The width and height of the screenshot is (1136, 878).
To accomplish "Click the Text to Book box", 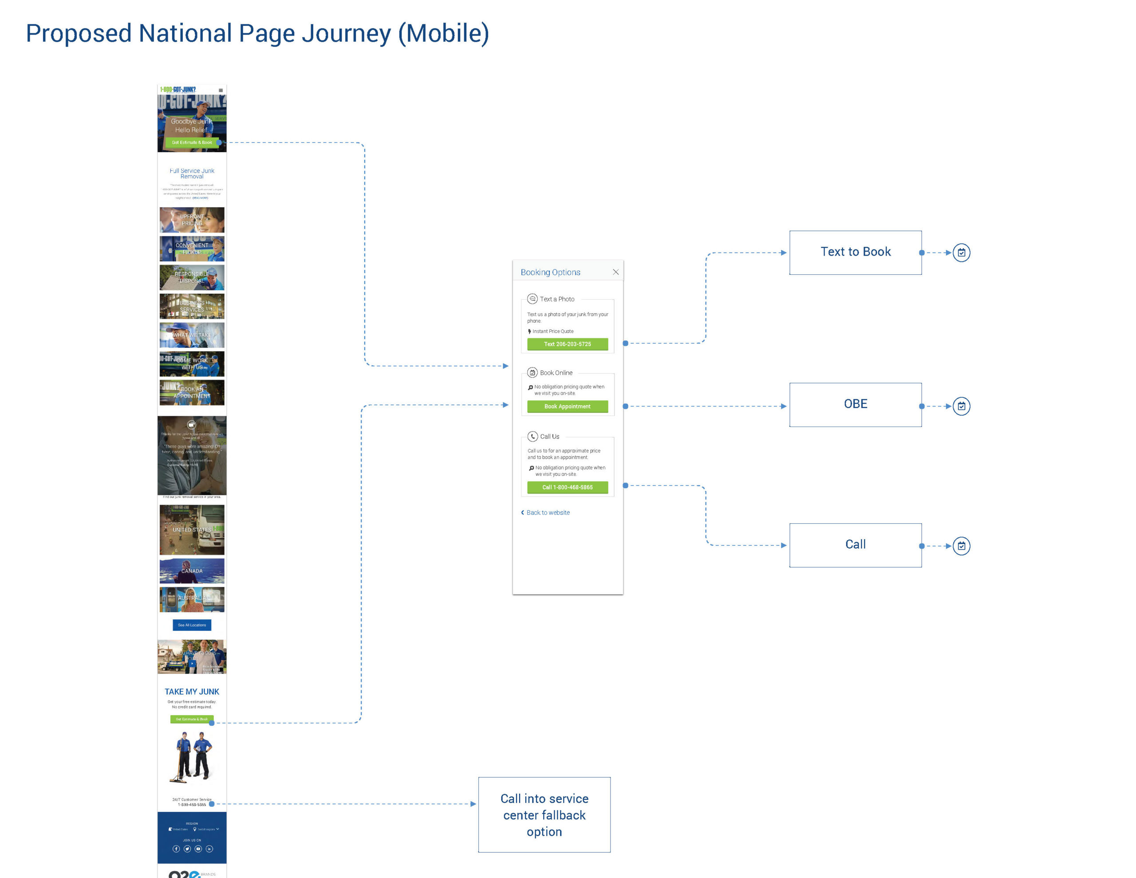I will pyautogui.click(x=855, y=253).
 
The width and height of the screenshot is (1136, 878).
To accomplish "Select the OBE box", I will pyautogui.click(x=855, y=404).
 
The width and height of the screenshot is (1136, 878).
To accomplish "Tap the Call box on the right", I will pyautogui.click(x=855, y=545).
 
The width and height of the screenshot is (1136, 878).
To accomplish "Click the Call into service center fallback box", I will pyautogui.click(x=544, y=815).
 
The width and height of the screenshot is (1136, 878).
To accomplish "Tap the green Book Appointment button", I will pyautogui.click(x=567, y=407).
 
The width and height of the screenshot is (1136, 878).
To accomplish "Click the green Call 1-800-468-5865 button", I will pyautogui.click(x=567, y=487).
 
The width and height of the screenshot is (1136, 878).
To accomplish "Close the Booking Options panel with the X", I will pyautogui.click(x=615, y=272).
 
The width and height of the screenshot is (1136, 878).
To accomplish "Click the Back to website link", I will pyautogui.click(x=547, y=513).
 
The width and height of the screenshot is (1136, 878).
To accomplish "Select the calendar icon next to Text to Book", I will pyautogui.click(x=961, y=253).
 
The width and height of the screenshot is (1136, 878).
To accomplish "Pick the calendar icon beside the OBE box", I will pyautogui.click(x=961, y=406).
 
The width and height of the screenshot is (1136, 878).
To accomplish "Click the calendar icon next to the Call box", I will pyautogui.click(x=961, y=546).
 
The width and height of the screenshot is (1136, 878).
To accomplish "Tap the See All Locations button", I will pyautogui.click(x=192, y=625).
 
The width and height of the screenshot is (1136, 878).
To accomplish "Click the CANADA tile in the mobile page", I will pyautogui.click(x=192, y=571).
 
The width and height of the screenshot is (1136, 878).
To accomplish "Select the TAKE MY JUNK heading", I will pyautogui.click(x=192, y=692).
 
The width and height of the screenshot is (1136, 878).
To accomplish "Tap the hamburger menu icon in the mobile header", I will pyautogui.click(x=221, y=91).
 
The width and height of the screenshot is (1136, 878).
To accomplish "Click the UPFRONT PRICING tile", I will pyautogui.click(x=192, y=220).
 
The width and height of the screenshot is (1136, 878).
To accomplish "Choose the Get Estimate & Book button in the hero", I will pyautogui.click(x=192, y=142).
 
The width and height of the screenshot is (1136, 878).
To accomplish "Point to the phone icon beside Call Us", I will pyautogui.click(x=532, y=436).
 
